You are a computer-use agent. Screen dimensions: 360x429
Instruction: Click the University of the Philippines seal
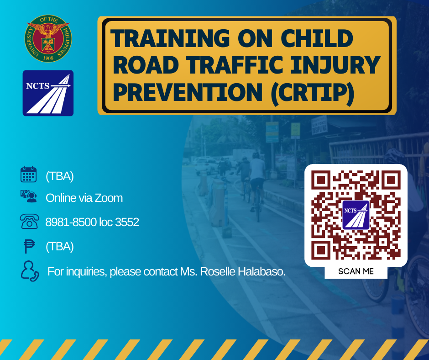(x=48, y=39)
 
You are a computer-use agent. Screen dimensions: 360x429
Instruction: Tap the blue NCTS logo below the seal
(x=48, y=93)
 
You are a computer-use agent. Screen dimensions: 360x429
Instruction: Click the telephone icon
(x=29, y=222)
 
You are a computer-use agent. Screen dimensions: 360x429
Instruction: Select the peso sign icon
(x=29, y=246)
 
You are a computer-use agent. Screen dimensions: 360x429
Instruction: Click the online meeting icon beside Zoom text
(x=29, y=197)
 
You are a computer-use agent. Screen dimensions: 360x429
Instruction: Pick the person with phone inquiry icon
(x=29, y=270)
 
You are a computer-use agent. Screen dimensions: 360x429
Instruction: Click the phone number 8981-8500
(x=71, y=222)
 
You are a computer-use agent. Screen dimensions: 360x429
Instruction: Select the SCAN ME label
(x=356, y=271)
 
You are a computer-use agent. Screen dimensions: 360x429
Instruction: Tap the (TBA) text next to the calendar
(x=60, y=176)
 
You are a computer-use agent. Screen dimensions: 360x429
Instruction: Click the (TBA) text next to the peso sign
(x=60, y=247)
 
